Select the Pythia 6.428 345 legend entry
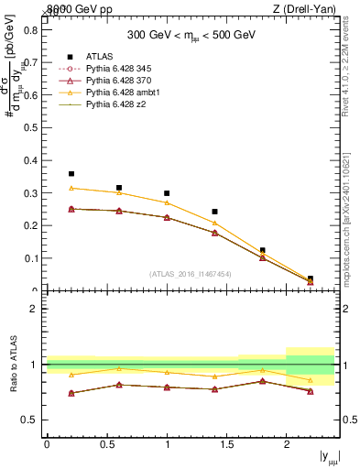tap(123, 69)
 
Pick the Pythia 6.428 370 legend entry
tap(123, 81)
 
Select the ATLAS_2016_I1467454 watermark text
tap(191, 273)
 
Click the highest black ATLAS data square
tap(71, 173)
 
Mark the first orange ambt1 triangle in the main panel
tap(71, 188)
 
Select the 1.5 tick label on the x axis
tap(226, 443)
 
